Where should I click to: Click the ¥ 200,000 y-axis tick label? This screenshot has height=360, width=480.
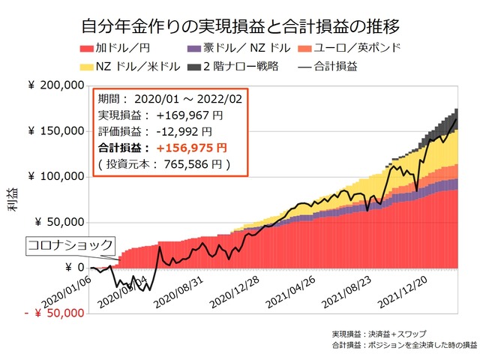pyautogui.click(x=56, y=87)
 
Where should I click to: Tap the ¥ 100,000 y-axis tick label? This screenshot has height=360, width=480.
pyautogui.click(x=56, y=177)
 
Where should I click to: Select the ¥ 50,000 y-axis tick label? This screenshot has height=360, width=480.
pyautogui.click(x=60, y=223)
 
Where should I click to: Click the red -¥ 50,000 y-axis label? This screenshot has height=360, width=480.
pyautogui.click(x=54, y=313)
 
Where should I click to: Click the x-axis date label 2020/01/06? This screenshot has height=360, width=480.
pyautogui.click(x=71, y=289)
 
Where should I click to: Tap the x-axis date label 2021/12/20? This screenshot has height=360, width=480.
pyautogui.click(x=406, y=289)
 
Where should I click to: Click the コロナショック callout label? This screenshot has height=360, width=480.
pyautogui.click(x=70, y=244)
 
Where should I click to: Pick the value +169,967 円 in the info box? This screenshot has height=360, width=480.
pyautogui.click(x=190, y=115)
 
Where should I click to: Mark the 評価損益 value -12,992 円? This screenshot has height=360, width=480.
pyautogui.click(x=187, y=131)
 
